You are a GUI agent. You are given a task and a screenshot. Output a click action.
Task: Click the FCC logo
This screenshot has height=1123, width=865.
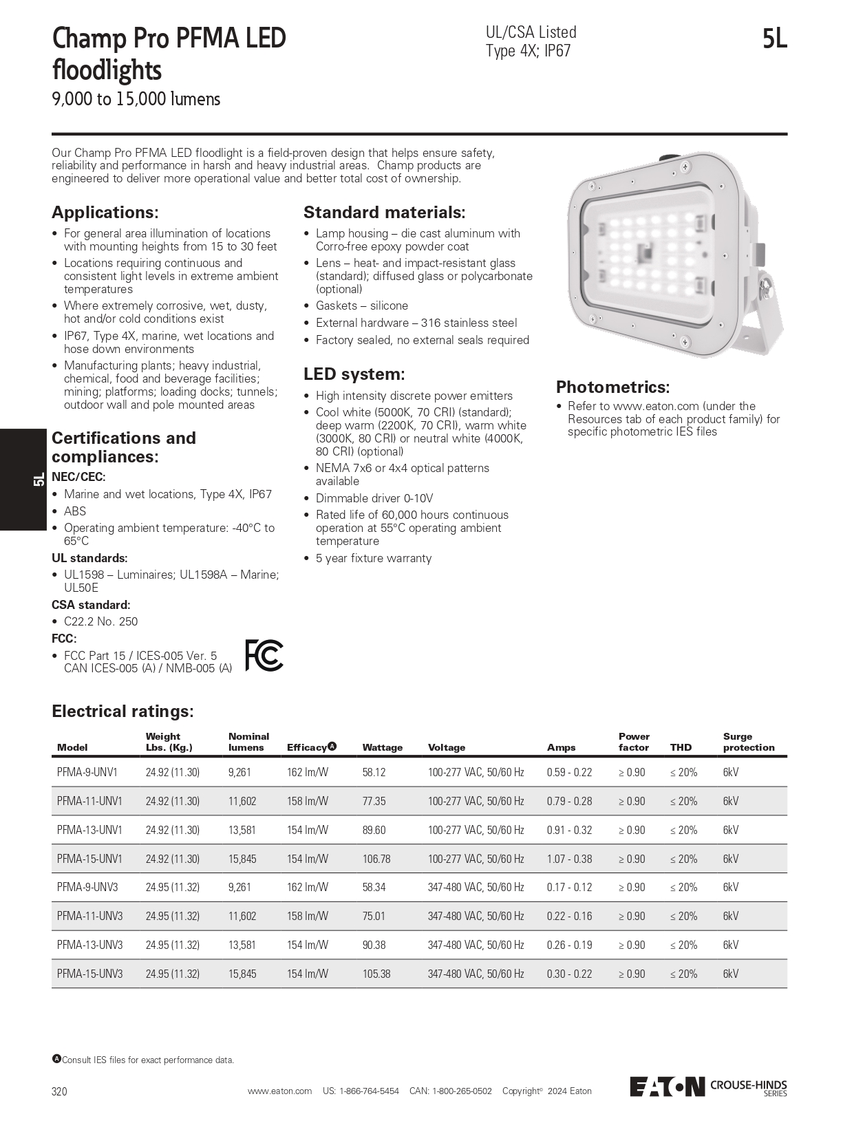click(264, 655)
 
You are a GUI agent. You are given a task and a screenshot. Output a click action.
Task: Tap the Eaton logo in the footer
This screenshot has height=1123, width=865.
click(668, 1086)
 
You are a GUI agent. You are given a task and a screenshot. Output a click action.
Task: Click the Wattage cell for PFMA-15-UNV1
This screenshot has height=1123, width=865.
click(376, 859)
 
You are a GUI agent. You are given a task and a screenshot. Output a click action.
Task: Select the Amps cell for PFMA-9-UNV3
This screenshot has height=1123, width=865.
click(569, 887)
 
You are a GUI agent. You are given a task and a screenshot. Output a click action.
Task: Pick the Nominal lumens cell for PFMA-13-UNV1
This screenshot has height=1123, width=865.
click(242, 830)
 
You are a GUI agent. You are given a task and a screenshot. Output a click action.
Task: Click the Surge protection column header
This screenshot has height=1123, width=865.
click(748, 742)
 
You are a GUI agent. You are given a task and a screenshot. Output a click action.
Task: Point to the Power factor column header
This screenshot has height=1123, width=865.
click(634, 742)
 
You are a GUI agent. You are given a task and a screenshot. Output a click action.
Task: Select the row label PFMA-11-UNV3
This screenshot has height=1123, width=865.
click(89, 916)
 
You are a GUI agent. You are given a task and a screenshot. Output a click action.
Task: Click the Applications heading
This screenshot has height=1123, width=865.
click(105, 212)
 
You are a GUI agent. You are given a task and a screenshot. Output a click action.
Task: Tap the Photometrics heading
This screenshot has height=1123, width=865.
click(612, 387)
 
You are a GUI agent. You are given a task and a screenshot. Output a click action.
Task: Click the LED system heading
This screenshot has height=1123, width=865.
click(354, 374)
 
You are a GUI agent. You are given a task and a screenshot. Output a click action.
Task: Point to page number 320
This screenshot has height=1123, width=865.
click(60, 1091)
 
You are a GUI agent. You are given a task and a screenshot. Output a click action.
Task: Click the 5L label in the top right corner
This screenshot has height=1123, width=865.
click(774, 39)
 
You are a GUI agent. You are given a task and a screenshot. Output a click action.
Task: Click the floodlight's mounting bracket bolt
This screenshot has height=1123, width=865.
click(765, 286)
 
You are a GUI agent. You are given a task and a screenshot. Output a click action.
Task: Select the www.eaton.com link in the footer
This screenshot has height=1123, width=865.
click(279, 1091)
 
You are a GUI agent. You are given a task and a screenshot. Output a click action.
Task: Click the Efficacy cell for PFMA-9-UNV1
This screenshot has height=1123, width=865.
click(307, 772)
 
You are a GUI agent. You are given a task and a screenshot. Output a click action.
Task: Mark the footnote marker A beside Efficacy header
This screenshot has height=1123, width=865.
click(332, 746)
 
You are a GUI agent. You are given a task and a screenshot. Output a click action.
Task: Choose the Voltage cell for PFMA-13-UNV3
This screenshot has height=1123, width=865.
click(476, 945)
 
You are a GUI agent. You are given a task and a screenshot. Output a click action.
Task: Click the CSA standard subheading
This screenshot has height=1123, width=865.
click(91, 605)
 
